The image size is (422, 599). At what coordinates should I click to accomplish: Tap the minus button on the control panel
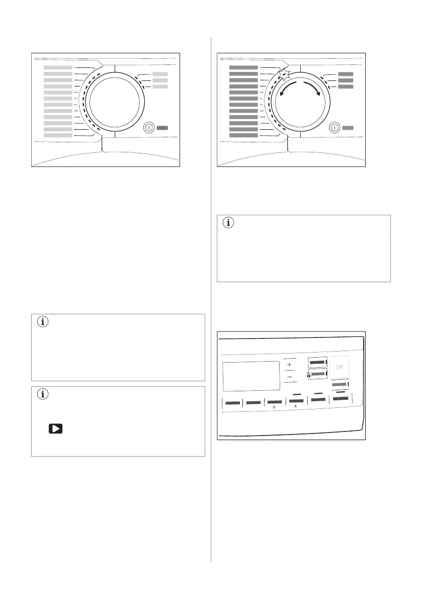pos(289,377)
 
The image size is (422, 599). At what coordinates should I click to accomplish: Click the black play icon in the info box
pos(55,429)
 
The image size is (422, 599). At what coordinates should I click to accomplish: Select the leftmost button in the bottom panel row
pos(232,402)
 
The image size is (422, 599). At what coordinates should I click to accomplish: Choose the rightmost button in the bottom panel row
pos(340,398)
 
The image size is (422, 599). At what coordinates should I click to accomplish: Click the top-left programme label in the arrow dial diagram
pos(243,67)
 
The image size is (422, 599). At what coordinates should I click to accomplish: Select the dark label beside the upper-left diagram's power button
pos(161,128)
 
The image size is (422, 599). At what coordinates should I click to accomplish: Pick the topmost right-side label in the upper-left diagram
pos(159,74)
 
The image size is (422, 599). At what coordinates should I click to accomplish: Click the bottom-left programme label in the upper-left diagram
pos(58,135)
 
